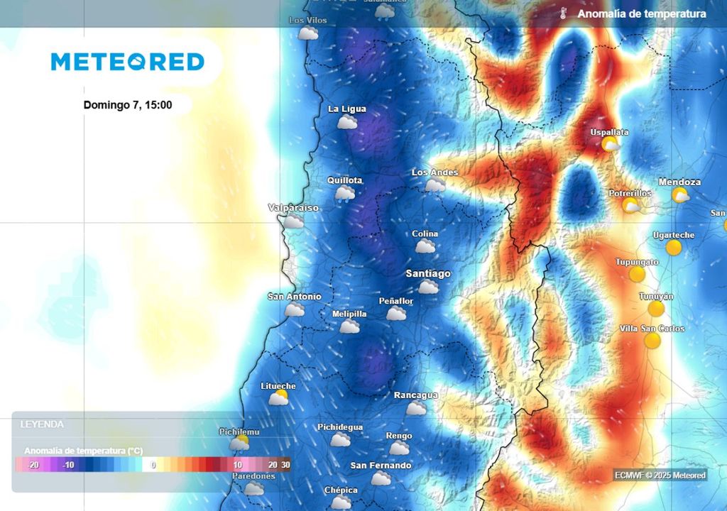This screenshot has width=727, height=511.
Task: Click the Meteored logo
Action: click(x=128, y=62)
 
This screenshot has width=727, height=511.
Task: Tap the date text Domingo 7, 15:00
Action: click(x=128, y=105)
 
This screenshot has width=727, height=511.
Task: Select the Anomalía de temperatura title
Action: click(x=642, y=14)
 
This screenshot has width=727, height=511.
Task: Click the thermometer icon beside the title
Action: click(x=563, y=14)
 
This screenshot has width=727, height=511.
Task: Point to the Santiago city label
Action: click(x=428, y=273)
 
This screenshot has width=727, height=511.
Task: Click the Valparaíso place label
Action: click(x=293, y=208)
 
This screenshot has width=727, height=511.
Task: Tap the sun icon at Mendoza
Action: click(x=681, y=195)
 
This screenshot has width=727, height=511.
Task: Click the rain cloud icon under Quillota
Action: click(x=345, y=194)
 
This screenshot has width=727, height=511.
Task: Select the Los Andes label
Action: click(x=434, y=172)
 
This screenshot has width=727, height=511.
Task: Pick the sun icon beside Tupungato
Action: click(x=637, y=274)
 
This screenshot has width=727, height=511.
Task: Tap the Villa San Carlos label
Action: click(x=652, y=329)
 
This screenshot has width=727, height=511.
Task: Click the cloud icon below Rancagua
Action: click(x=417, y=408)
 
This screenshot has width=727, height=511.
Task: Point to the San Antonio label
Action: click(x=294, y=297)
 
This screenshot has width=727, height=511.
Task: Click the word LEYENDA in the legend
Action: click(x=42, y=424)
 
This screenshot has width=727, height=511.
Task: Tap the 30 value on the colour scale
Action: click(x=285, y=465)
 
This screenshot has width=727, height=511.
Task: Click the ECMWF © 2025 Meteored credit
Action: click(x=660, y=475)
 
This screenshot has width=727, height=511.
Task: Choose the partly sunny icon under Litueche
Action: click(x=278, y=397)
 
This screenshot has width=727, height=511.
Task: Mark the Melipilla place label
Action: click(x=349, y=314)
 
